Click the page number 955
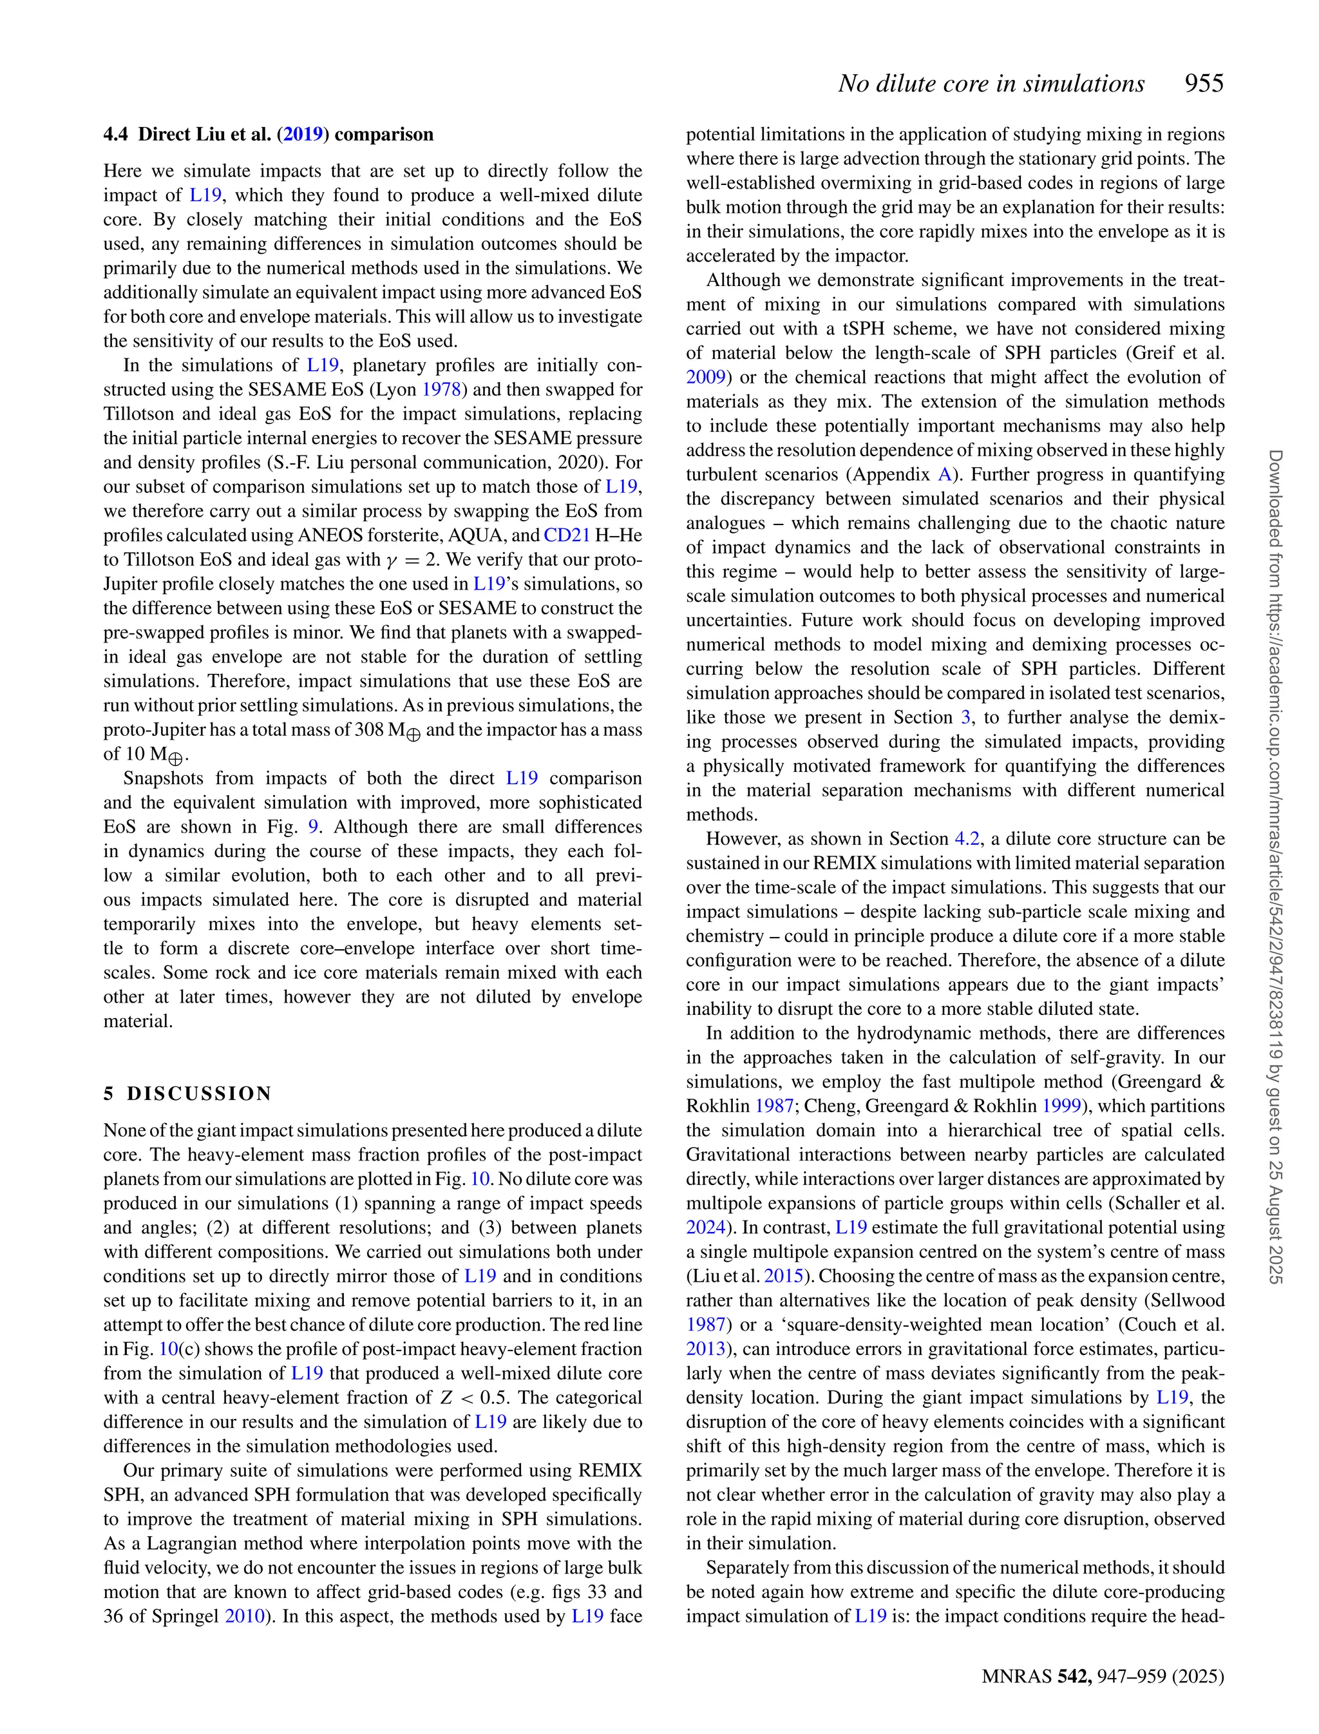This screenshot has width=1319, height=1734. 1204,83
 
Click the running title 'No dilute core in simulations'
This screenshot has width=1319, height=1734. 991,83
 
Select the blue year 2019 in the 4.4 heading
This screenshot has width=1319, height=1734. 303,134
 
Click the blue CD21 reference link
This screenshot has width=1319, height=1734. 566,535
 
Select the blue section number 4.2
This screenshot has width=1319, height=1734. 967,839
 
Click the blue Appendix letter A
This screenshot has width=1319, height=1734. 945,474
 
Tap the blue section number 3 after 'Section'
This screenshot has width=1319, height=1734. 965,718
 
